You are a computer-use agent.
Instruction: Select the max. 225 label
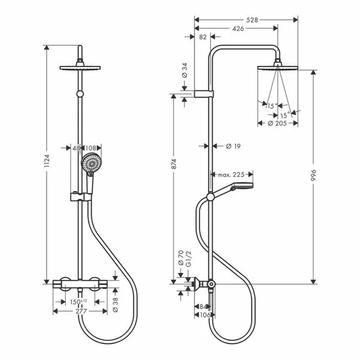pos(232,175)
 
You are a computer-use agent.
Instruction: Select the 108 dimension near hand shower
pos(91,147)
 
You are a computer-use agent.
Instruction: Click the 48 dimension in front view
pos(76,147)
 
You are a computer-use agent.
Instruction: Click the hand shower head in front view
pos(91,162)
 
